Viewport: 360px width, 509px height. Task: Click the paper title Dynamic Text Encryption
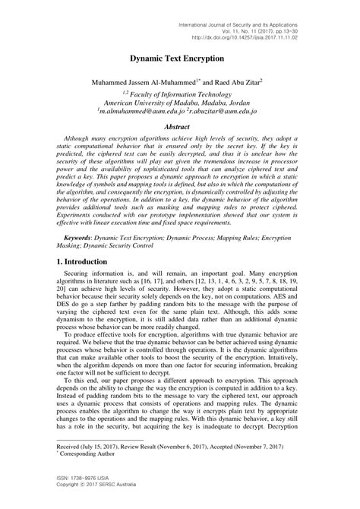click(176, 58)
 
